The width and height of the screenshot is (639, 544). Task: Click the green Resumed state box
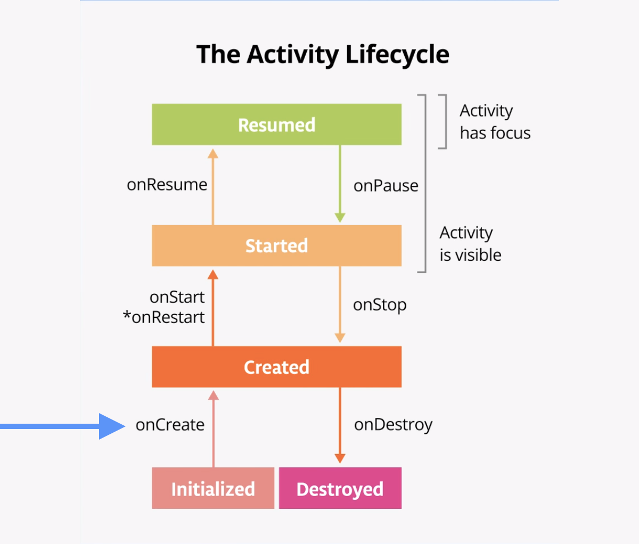pyautogui.click(x=276, y=125)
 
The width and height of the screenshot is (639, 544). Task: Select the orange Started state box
pyautogui.click(x=276, y=245)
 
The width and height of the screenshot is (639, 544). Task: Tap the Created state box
pyautogui.click(x=276, y=367)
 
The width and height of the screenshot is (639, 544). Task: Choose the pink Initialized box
pyautogui.click(x=213, y=489)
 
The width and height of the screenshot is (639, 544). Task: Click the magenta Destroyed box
pyautogui.click(x=340, y=489)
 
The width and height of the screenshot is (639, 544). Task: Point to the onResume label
pyautogui.click(x=167, y=185)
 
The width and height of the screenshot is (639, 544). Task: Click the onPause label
pyautogui.click(x=386, y=186)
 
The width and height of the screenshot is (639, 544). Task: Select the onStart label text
pyautogui.click(x=177, y=297)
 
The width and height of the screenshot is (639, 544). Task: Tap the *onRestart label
pyautogui.click(x=164, y=317)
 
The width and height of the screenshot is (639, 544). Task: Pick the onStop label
pyautogui.click(x=380, y=305)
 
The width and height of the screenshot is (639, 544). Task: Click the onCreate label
pyautogui.click(x=170, y=425)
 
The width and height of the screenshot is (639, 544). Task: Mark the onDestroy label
pyautogui.click(x=393, y=425)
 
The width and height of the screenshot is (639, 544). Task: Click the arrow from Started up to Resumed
pyautogui.click(x=213, y=186)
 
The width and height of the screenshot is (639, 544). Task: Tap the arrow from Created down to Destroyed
pyautogui.click(x=340, y=426)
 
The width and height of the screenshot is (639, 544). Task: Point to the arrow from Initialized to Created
pyautogui.click(x=214, y=428)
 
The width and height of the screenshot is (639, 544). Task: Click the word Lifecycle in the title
pyautogui.click(x=397, y=54)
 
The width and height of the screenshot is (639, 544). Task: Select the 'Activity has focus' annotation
pyautogui.click(x=494, y=122)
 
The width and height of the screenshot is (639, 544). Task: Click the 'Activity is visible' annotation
pyautogui.click(x=470, y=244)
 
